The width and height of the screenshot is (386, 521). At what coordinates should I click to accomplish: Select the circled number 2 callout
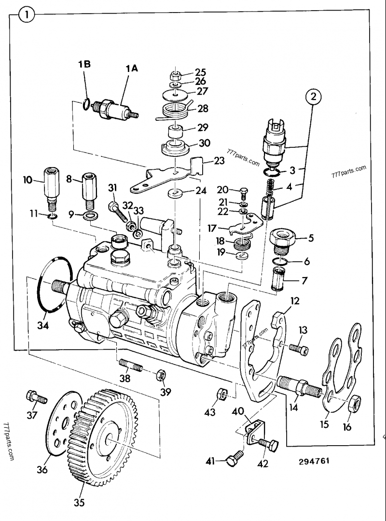(x=314, y=98)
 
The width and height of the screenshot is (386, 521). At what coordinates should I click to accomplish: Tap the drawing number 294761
(x=314, y=461)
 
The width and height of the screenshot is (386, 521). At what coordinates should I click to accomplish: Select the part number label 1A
(x=131, y=69)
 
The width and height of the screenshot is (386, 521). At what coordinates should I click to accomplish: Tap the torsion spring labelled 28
(x=174, y=111)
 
